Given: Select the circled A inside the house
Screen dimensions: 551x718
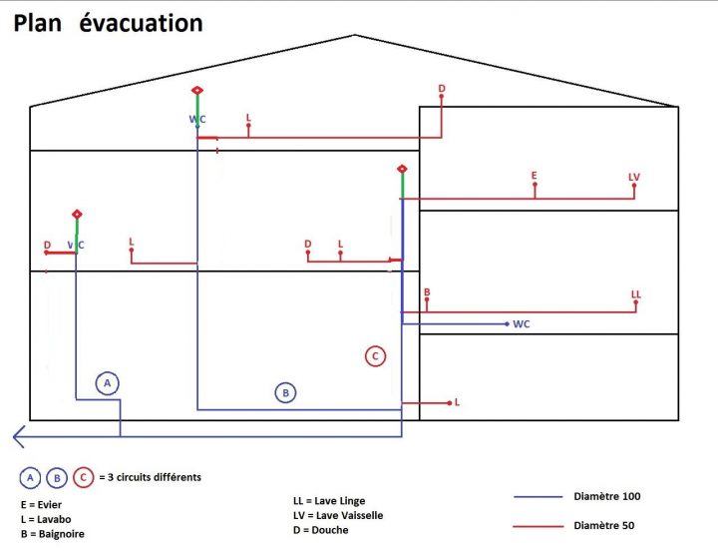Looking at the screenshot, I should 108,382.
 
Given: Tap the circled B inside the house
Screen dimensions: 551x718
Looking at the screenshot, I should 285,393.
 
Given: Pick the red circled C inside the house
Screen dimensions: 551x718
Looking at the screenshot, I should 375,355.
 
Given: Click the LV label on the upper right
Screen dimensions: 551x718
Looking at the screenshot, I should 634,177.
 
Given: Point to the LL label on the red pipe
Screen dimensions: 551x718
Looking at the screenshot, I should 636,293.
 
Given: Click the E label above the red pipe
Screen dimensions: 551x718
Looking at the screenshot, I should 535,176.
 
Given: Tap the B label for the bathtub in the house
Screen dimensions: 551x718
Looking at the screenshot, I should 427,292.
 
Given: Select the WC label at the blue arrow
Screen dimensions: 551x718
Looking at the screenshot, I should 522,324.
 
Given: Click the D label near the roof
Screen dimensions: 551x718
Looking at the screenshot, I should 442,89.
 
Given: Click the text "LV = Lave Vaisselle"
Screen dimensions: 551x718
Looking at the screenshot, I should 338,515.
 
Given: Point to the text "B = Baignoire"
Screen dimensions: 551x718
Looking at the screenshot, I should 52,535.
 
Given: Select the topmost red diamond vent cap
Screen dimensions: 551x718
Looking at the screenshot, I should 197,91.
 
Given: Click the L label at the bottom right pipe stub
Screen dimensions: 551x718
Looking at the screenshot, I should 457,402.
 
